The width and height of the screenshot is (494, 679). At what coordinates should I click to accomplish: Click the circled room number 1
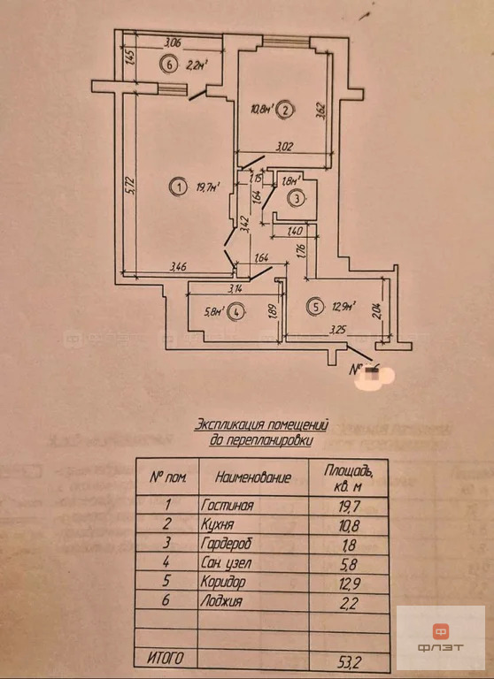(180, 187)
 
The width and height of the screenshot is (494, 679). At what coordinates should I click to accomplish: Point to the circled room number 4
(235, 311)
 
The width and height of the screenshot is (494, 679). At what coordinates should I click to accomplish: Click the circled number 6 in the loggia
(168, 64)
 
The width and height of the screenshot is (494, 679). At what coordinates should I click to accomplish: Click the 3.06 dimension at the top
(174, 42)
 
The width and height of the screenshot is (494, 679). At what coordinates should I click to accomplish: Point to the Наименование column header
(253, 477)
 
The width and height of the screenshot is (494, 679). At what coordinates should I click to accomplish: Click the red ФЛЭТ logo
(440, 637)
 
